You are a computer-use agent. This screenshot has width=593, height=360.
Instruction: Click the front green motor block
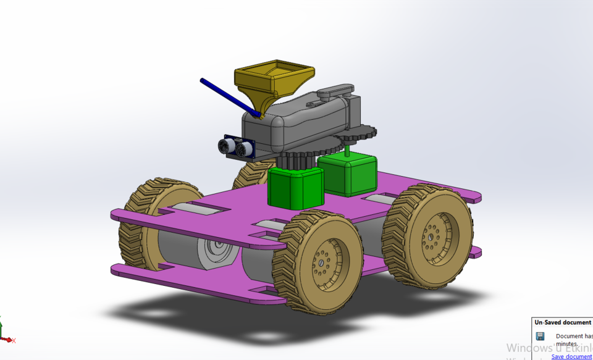pos(295,188)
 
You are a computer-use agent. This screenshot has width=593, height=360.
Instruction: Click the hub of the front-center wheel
pos(324,265)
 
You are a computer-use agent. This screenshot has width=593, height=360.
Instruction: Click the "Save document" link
pos(571,356)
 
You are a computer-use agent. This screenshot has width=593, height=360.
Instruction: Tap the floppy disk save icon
pos(540,337)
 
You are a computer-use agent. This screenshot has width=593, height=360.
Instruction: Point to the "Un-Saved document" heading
pos(562,322)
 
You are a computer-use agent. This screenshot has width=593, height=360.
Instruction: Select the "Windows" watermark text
pos(528,348)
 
